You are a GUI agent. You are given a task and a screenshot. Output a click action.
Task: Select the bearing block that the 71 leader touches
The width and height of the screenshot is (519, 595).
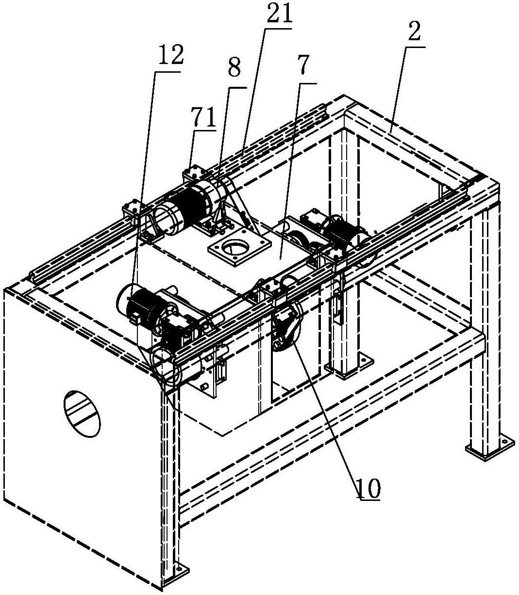pos(192,175)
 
